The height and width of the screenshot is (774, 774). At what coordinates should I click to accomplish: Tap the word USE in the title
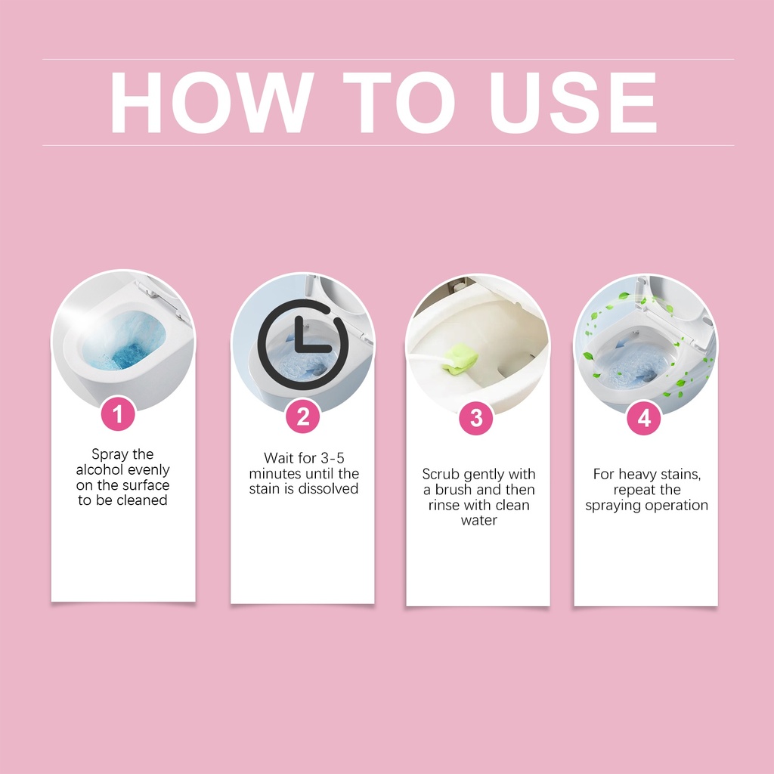point(573,103)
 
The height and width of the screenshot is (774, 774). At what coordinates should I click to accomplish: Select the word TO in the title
point(399,103)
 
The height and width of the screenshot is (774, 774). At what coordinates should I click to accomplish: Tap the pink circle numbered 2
point(303,416)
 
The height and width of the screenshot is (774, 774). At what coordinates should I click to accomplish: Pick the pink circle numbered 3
point(476,418)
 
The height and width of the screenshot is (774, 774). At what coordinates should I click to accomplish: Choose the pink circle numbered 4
point(644,418)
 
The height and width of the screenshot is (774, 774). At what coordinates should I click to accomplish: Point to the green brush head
point(461,358)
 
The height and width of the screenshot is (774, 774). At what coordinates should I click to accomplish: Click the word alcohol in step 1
point(99,469)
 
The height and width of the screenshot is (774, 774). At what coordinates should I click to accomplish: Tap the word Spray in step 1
point(110,454)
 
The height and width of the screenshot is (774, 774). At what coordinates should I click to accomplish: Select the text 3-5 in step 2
point(333,458)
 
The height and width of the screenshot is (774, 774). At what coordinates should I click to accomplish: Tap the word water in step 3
point(478,521)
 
